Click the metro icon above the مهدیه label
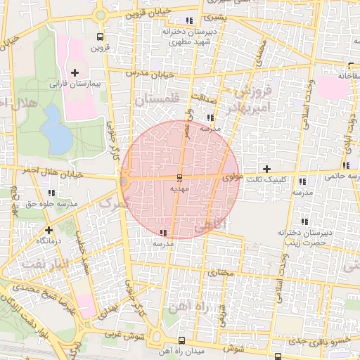pos(179,177)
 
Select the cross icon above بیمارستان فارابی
pos(75,72)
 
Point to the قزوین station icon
pos(100,37)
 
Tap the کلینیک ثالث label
pos(271,179)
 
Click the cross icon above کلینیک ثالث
pos(266,169)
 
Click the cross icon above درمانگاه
pos(49,230)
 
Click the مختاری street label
pos(221,269)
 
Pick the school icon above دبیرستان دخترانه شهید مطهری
pos(189,20)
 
